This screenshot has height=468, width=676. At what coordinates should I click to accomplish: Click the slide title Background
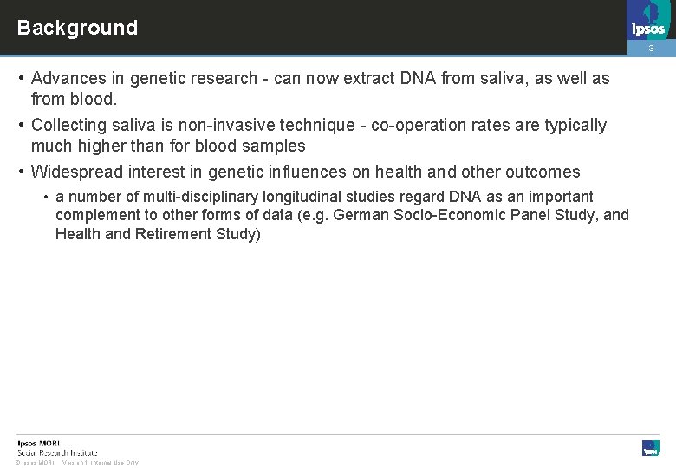click(x=77, y=28)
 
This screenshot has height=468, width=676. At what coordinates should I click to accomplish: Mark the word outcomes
click(x=543, y=172)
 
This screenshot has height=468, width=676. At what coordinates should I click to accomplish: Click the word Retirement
click(x=177, y=234)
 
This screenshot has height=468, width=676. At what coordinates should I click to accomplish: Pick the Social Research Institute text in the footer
click(x=57, y=452)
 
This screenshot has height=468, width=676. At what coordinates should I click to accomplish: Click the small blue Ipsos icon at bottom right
click(x=650, y=448)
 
